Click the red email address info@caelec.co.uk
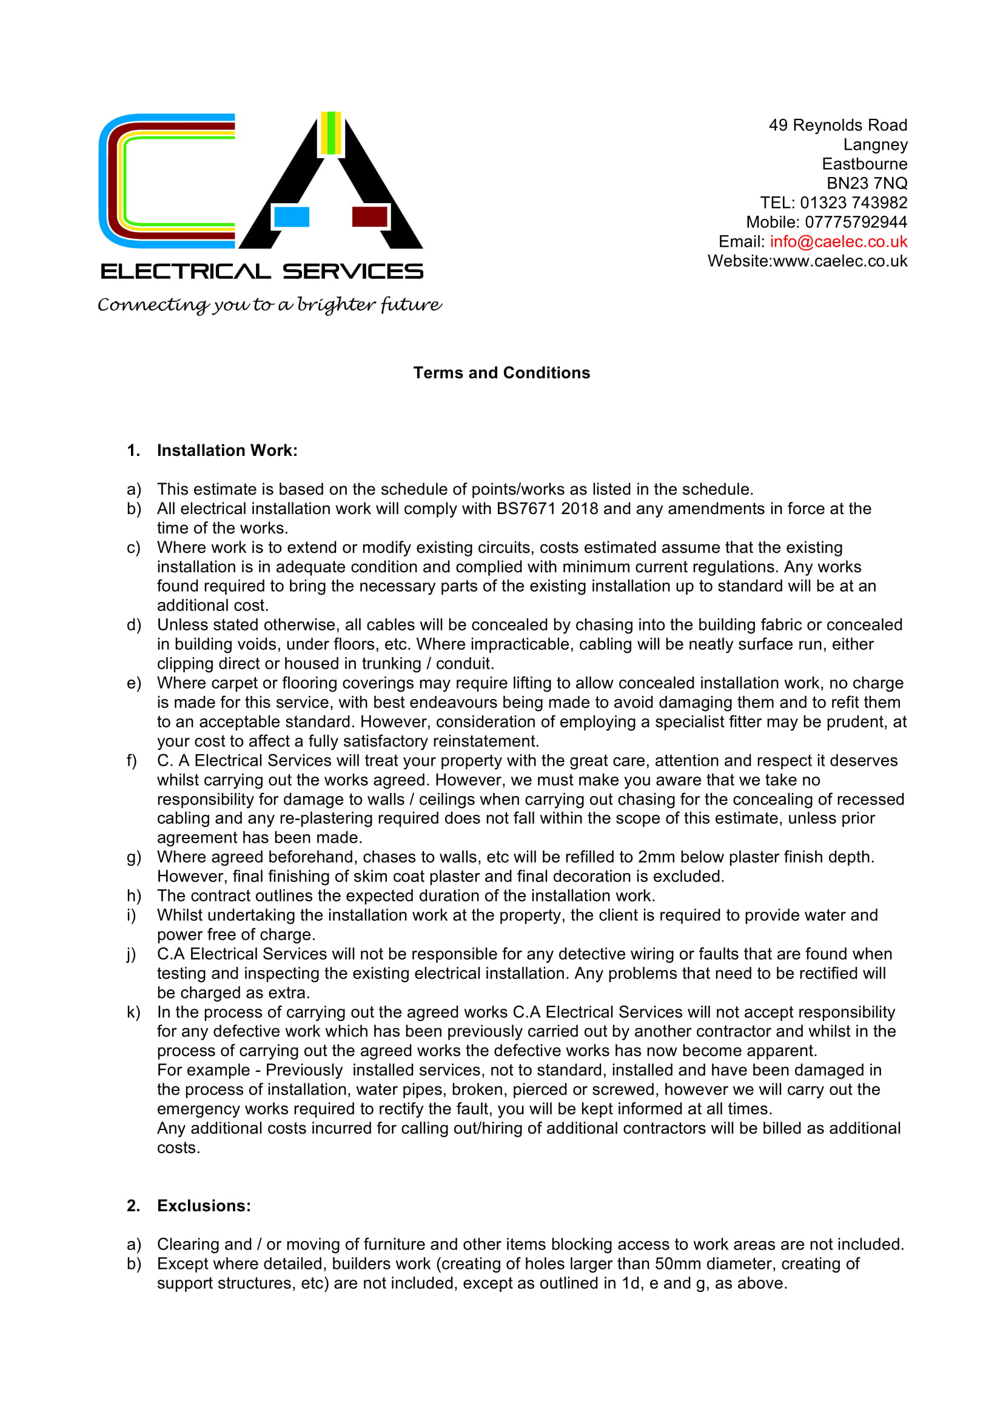[x=838, y=241]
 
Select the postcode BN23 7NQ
[x=867, y=184]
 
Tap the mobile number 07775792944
[x=856, y=222]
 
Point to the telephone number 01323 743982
[x=854, y=202]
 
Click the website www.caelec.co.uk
[x=840, y=261]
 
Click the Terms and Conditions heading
[x=501, y=373]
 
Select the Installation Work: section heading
[x=227, y=450]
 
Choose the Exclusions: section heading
[x=204, y=1206]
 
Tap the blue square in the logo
[x=292, y=217]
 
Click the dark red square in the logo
[x=369, y=217]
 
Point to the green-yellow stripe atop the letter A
[x=331, y=133]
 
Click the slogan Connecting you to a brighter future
[x=269, y=305]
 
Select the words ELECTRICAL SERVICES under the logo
[x=262, y=271]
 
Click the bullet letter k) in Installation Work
[x=133, y=1012]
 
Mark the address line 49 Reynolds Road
[x=837, y=125]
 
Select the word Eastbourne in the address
[x=864, y=164]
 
